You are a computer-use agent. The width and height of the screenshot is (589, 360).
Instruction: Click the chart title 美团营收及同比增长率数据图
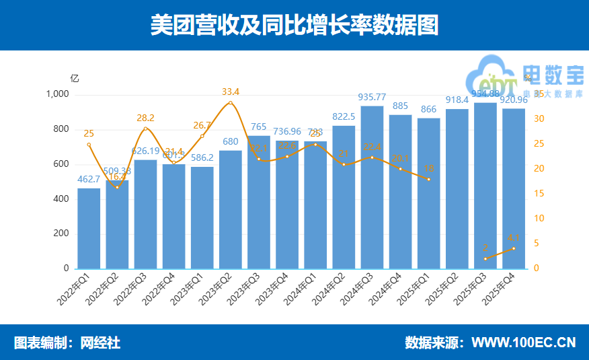294,26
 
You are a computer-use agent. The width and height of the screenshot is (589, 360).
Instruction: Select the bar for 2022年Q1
89,229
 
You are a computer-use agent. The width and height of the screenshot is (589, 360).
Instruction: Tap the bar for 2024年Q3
372,188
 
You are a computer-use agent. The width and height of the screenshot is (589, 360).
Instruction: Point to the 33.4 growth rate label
231,92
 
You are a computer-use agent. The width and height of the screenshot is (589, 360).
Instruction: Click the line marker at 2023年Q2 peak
231,103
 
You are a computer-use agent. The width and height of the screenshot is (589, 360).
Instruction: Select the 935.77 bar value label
372,97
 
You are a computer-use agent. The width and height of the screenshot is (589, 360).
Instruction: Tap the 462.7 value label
89,179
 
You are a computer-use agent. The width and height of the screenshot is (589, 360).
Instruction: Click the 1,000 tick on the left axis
57,94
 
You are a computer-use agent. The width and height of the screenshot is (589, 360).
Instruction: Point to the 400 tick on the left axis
61,199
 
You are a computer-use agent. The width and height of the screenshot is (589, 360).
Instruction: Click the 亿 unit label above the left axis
75,78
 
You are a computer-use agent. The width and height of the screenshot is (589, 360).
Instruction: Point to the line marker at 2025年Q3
485,259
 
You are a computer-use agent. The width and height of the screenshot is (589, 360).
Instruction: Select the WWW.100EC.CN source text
523,343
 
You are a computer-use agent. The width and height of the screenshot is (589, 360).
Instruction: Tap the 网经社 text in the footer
100,343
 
